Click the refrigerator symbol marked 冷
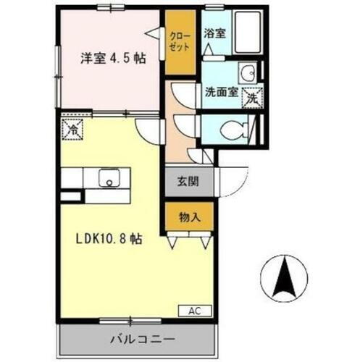[x=73, y=130]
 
